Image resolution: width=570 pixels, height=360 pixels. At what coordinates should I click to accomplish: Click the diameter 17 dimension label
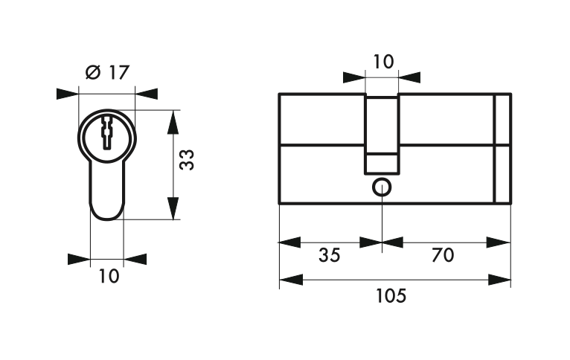[107, 73]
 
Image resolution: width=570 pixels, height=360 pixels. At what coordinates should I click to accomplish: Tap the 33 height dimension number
[188, 160]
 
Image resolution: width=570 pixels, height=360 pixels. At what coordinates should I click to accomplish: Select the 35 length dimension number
[330, 255]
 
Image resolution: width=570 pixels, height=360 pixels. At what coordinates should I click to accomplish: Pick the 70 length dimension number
[443, 255]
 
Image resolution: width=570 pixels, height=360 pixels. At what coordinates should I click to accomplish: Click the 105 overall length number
[391, 296]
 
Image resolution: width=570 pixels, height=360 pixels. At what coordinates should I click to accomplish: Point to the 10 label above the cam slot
[383, 62]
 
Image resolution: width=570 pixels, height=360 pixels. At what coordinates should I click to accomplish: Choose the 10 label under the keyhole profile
[109, 276]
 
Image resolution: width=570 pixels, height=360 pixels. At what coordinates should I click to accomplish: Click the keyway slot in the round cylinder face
[107, 132]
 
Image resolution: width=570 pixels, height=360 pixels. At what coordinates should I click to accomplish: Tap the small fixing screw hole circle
[382, 187]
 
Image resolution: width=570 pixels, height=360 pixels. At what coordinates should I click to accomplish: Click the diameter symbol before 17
[93, 72]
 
